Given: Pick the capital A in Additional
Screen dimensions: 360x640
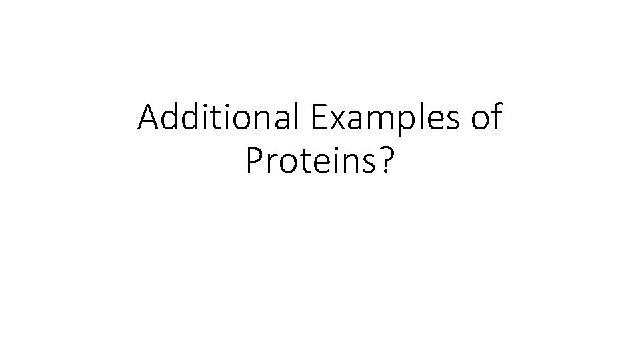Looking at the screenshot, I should point(149,119).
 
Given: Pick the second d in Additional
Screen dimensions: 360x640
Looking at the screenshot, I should point(190,119).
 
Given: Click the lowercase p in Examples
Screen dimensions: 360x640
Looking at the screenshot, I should point(390,123).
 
